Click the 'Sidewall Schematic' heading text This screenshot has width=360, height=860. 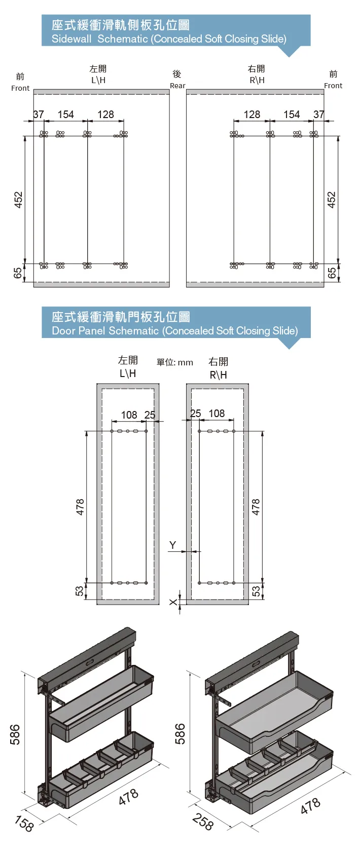pyautogui.click(x=169, y=39)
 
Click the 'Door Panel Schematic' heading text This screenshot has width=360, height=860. pyautogui.click(x=174, y=331)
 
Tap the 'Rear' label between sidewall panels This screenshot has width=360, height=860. pyautogui.click(x=177, y=86)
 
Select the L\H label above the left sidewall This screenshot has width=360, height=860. pyautogui.click(x=98, y=80)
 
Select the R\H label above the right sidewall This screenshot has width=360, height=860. pyautogui.click(x=257, y=80)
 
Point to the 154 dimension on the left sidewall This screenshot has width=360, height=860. pyautogui.click(x=65, y=115)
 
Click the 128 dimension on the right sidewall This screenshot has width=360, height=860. pyautogui.click(x=251, y=115)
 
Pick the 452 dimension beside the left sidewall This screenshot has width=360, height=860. pyautogui.click(x=18, y=199)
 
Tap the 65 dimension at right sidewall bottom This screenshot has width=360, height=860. pyautogui.click(x=332, y=272)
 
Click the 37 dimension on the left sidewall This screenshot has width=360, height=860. pyautogui.click(x=39, y=115)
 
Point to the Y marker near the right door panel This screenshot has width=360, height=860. pyautogui.click(x=172, y=545)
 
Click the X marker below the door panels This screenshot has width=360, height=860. pyautogui.click(x=173, y=602)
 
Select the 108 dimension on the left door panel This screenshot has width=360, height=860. pyautogui.click(x=129, y=415)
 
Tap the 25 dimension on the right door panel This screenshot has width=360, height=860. pyautogui.click(x=195, y=414)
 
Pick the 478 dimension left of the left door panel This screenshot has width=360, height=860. pyautogui.click(x=80, y=507)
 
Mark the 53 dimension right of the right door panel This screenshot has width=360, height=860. pyautogui.click(x=256, y=591)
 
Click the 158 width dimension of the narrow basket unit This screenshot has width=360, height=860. pyautogui.click(x=24, y=824)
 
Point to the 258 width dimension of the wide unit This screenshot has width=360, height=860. pyautogui.click(x=203, y=822)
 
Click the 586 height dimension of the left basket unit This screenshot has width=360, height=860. pyautogui.click(x=15, y=734)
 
